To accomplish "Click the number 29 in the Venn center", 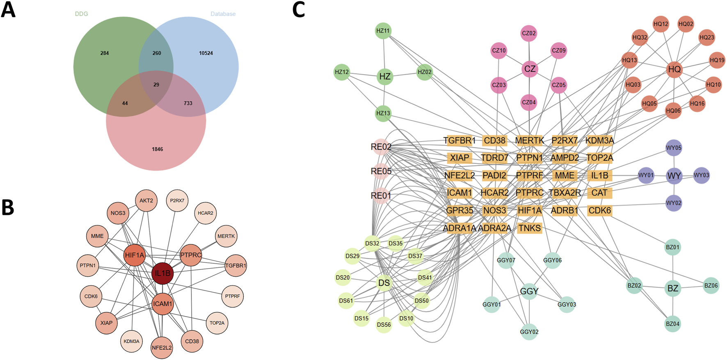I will pyautogui.click(x=156, y=84).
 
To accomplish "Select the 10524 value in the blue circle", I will pyautogui.click(x=206, y=53).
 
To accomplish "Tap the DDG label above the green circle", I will pyautogui.click(x=81, y=14).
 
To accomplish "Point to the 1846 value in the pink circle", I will pyautogui.click(x=158, y=149).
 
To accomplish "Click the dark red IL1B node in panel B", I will pyautogui.click(x=162, y=273).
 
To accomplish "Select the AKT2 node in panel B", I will pyautogui.click(x=146, y=201).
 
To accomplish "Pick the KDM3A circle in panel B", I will pyautogui.click(x=132, y=341).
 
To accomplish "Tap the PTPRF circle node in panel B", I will pyautogui.click(x=233, y=296).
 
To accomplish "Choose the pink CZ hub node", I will pyautogui.click(x=530, y=68).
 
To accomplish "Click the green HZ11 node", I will pyautogui.click(x=383, y=31).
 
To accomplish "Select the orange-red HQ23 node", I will pyautogui.click(x=706, y=37).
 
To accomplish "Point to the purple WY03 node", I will pyautogui.click(x=701, y=175).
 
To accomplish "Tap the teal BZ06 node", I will pyautogui.click(x=711, y=286).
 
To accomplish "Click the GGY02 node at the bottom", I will pyautogui.click(x=529, y=332).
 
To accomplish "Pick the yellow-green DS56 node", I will pyautogui.click(x=384, y=325).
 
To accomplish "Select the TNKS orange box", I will pyautogui.click(x=530, y=228).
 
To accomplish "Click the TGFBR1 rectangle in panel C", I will pyautogui.click(x=460, y=141).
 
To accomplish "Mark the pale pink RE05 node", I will pyautogui.click(x=381, y=171).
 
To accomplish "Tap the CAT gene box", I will pyautogui.click(x=599, y=193).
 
